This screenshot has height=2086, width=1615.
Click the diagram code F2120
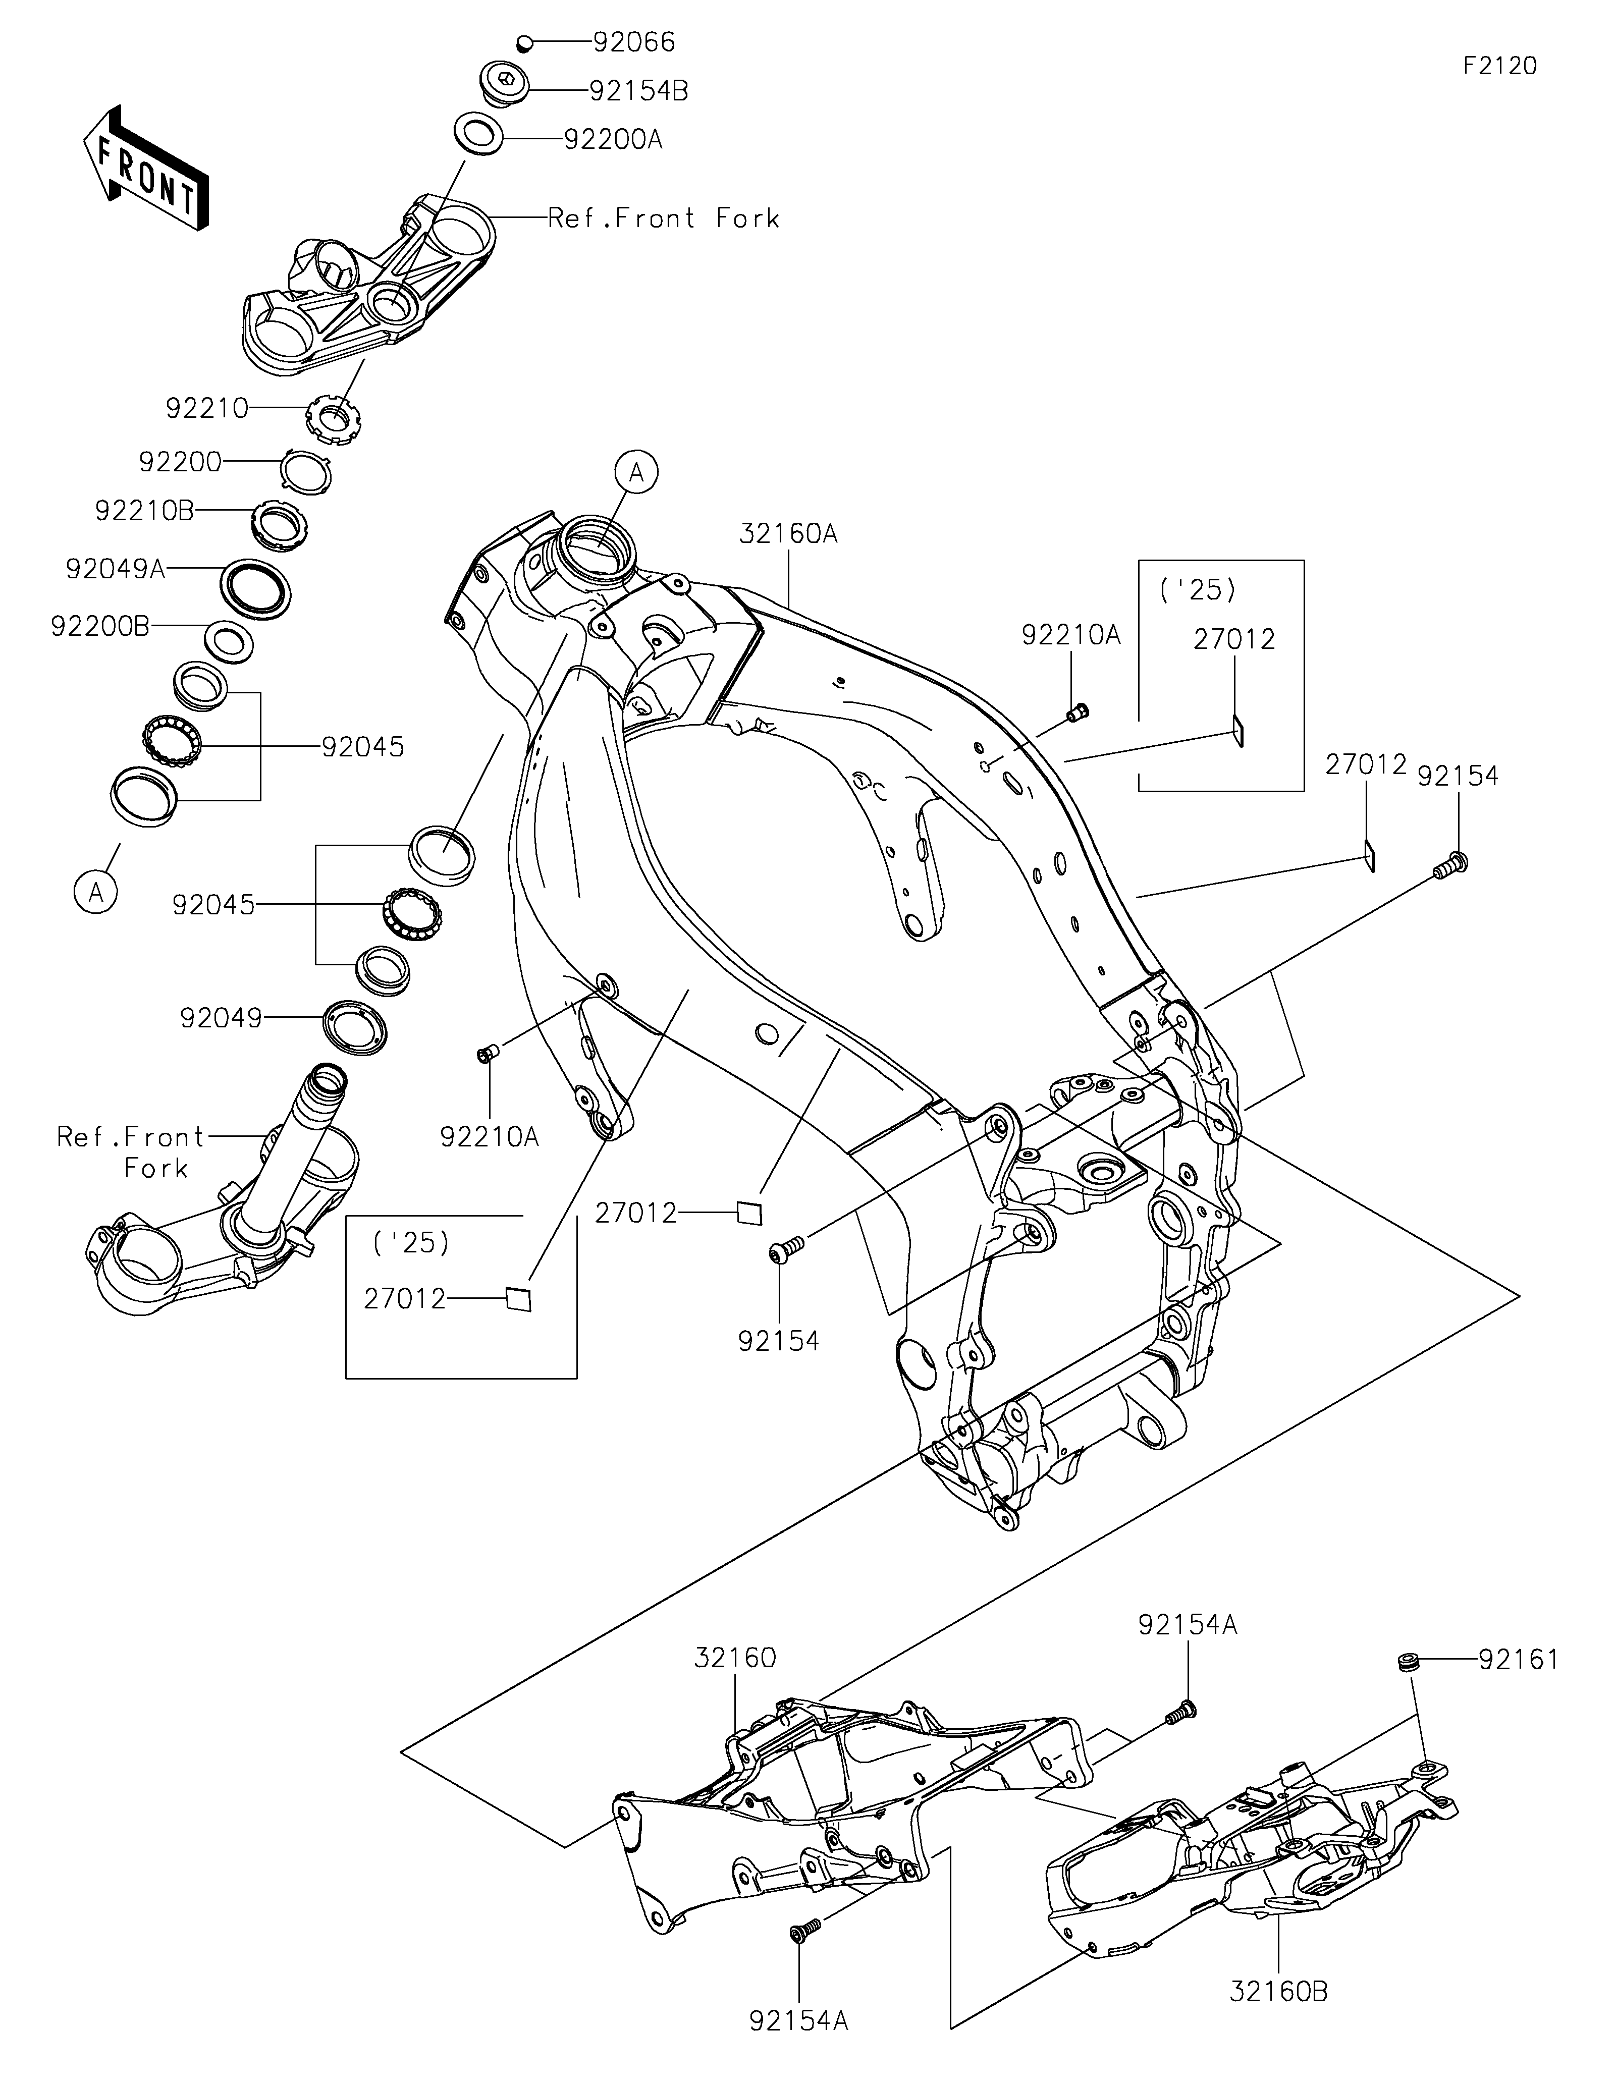click(x=1499, y=66)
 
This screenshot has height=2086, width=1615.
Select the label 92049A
click(x=116, y=569)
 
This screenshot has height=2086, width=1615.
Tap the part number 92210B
click(x=144, y=511)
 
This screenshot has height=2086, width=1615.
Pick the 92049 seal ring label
click(x=221, y=1018)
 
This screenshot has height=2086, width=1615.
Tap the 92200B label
click(x=100, y=627)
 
